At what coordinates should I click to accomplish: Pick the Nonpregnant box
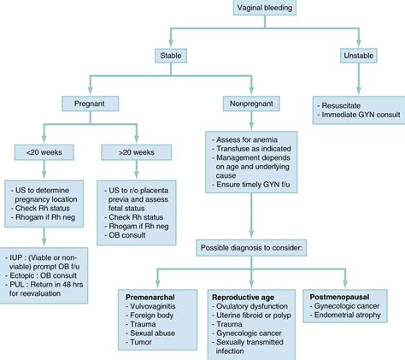coord(249,104)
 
